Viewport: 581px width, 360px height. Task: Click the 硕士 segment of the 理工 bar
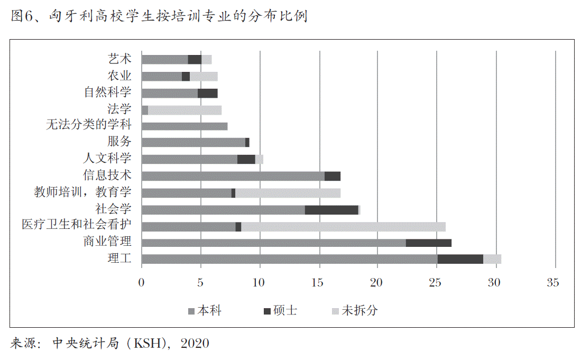(x=460, y=259)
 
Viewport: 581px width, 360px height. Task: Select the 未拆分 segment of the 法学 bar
(x=185, y=110)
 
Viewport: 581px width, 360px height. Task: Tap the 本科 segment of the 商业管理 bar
(x=274, y=243)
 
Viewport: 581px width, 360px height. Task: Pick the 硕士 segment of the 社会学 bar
(x=331, y=210)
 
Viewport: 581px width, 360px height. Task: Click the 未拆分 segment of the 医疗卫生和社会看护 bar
(x=343, y=226)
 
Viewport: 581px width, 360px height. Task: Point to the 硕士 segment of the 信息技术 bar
(x=332, y=176)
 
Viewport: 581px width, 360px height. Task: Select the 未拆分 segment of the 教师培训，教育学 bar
(x=288, y=193)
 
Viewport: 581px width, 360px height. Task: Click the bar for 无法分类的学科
(x=185, y=126)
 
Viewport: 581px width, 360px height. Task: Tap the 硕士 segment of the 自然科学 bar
(x=207, y=94)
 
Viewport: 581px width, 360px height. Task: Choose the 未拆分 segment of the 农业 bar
(x=204, y=77)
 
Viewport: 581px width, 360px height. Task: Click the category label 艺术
(x=119, y=59)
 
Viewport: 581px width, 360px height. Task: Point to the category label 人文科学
(x=107, y=158)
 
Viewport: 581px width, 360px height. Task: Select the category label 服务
(x=119, y=141)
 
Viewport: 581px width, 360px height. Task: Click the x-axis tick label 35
(x=553, y=283)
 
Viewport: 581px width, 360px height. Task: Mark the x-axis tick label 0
(x=141, y=283)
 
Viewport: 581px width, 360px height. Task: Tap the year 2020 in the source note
(x=195, y=344)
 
